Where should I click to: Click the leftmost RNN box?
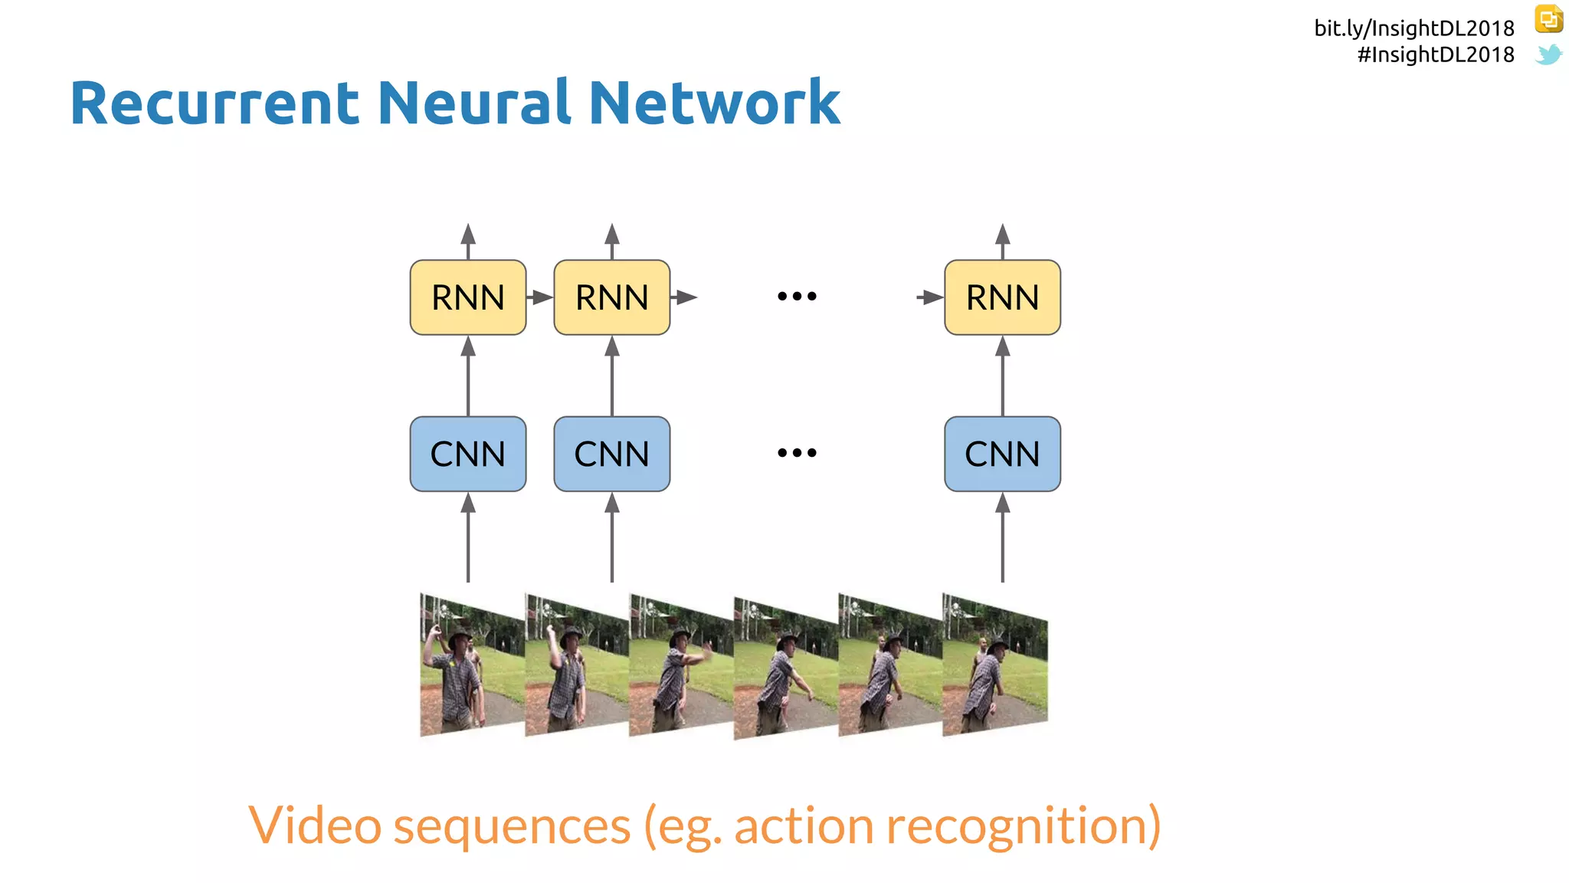tap(467, 297)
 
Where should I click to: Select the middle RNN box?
tap(611, 297)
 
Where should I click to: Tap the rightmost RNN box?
tap(1002, 297)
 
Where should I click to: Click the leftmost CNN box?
tap(467, 454)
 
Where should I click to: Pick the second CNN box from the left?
tap(611, 454)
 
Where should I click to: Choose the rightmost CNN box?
tap(1002, 454)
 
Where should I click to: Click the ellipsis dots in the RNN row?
tap(797, 296)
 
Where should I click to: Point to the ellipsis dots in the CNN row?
tap(797, 452)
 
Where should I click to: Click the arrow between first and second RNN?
tap(540, 297)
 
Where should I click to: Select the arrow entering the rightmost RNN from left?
tap(930, 297)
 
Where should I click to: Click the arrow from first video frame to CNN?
tap(468, 537)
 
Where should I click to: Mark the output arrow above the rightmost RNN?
tap(1002, 241)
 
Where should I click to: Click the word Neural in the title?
tap(473, 103)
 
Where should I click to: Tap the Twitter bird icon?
tap(1548, 54)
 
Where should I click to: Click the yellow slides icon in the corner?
tap(1548, 19)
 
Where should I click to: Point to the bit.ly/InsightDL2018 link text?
tap(1413, 28)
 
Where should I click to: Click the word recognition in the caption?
tap(1023, 826)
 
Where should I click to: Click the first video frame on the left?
tap(471, 665)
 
